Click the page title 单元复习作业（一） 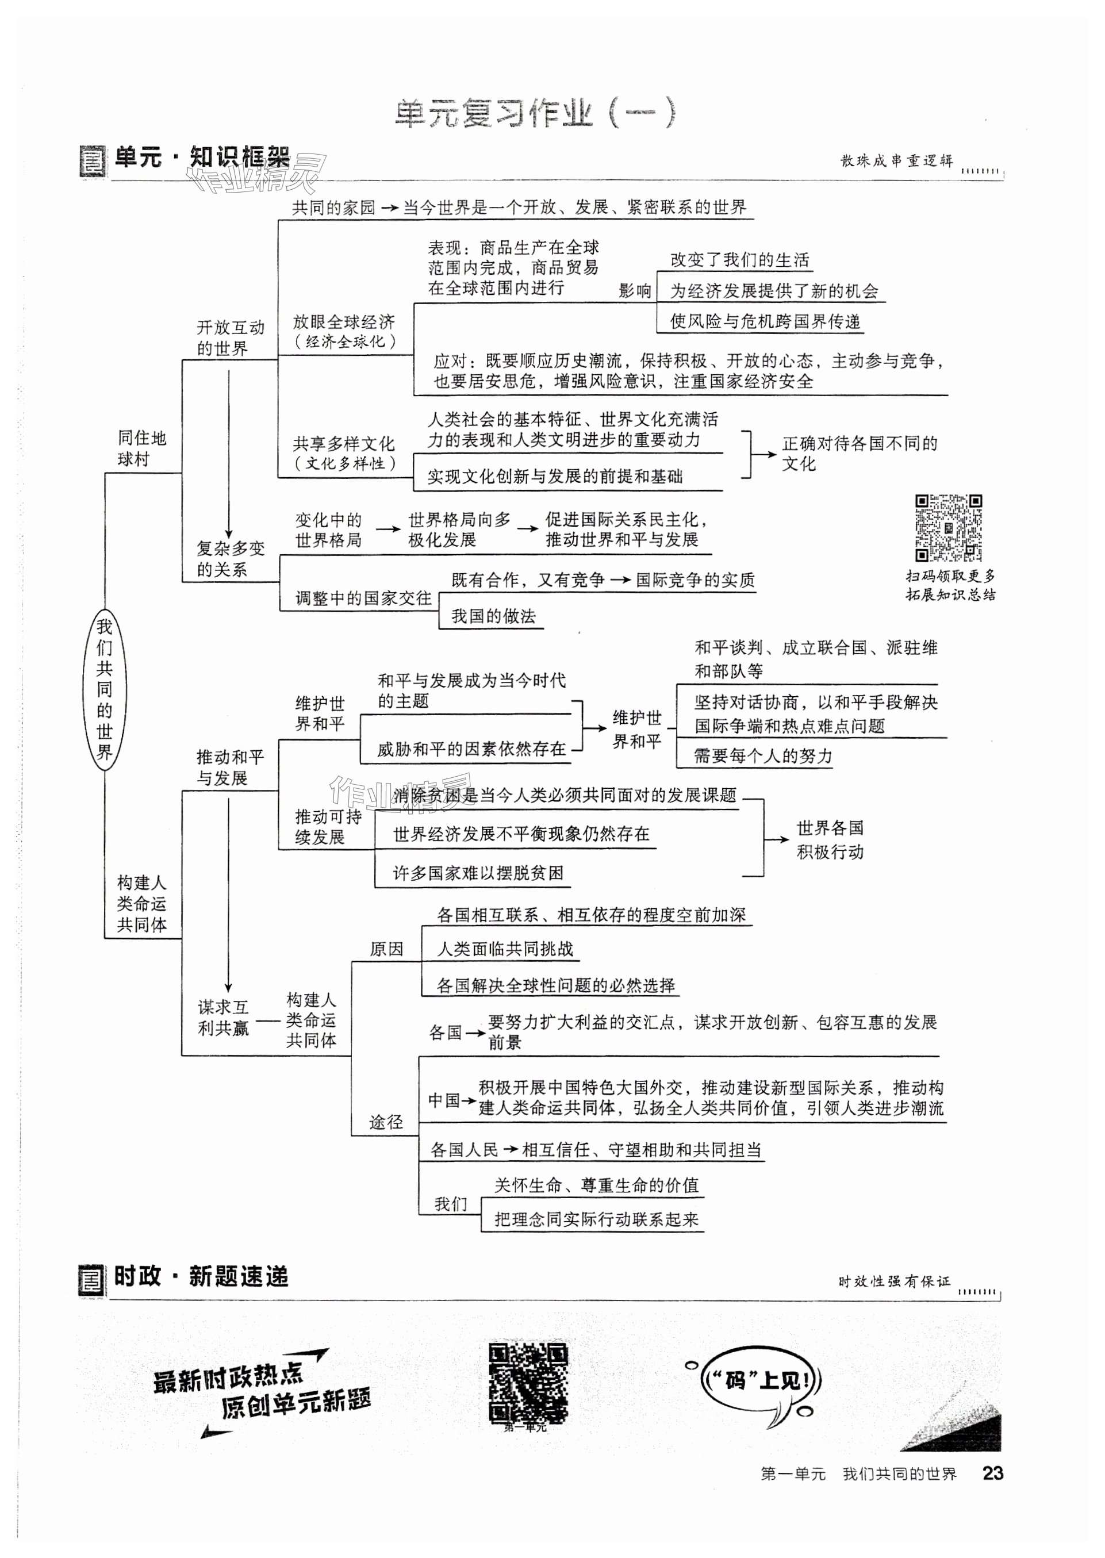point(535,114)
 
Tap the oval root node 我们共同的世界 point(104,689)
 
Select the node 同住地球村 point(141,448)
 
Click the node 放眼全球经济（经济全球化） point(344,331)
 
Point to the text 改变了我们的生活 point(739,260)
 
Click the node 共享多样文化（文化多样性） point(344,453)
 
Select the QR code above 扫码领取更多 point(948,528)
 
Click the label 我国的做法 point(493,616)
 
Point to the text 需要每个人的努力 point(762,756)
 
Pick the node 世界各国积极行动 point(830,839)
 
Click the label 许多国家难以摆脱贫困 point(478,873)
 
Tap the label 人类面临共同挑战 point(504,949)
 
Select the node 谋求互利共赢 point(223,1017)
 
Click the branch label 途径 point(386,1122)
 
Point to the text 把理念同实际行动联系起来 point(596,1219)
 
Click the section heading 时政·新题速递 point(201,1276)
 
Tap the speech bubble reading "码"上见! point(760,1380)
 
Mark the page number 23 point(992,1473)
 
